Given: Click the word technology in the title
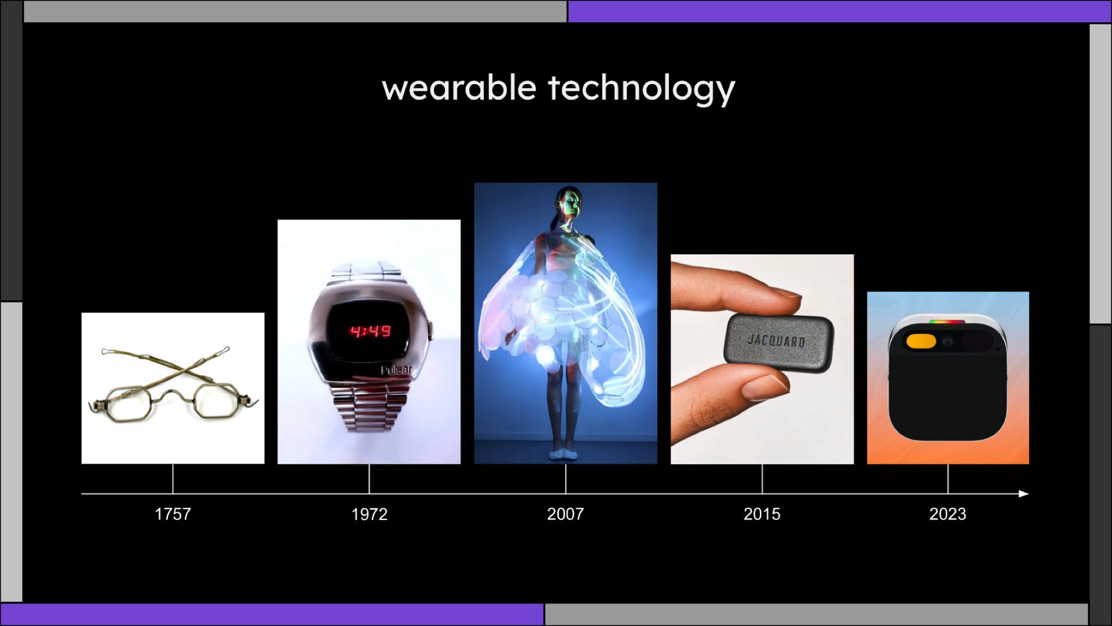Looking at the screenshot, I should tap(642, 89).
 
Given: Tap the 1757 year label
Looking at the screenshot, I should tap(173, 514).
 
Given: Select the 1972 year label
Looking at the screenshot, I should tap(369, 514).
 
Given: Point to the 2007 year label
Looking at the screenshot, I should tap(565, 514).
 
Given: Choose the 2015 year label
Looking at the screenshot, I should tap(762, 514).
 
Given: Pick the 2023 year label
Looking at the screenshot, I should tap(948, 514).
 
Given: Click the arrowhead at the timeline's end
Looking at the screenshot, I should tap(1023, 494).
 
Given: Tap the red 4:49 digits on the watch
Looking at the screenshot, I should tap(370, 332).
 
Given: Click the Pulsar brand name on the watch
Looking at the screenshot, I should tap(396, 370).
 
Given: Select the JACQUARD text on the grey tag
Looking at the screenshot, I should tap(776, 340).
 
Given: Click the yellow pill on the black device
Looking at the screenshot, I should tap(921, 341).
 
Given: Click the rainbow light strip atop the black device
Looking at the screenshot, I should tap(947, 322).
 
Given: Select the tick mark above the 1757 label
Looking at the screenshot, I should tap(173, 479).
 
